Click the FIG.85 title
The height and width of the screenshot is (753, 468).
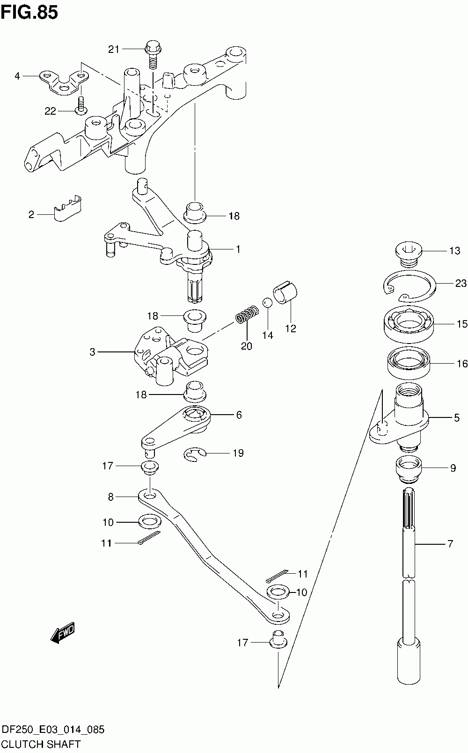pyautogui.click(x=29, y=13)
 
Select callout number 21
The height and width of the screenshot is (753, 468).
pyautogui.click(x=114, y=49)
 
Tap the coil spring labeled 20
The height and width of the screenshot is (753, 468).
pyautogui.click(x=247, y=314)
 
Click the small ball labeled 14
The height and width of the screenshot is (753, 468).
pyautogui.click(x=267, y=303)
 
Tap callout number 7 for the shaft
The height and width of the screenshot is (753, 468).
pyautogui.click(x=450, y=544)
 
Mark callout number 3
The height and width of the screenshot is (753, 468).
pyautogui.click(x=92, y=351)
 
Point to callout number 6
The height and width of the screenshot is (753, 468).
pyautogui.click(x=239, y=415)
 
